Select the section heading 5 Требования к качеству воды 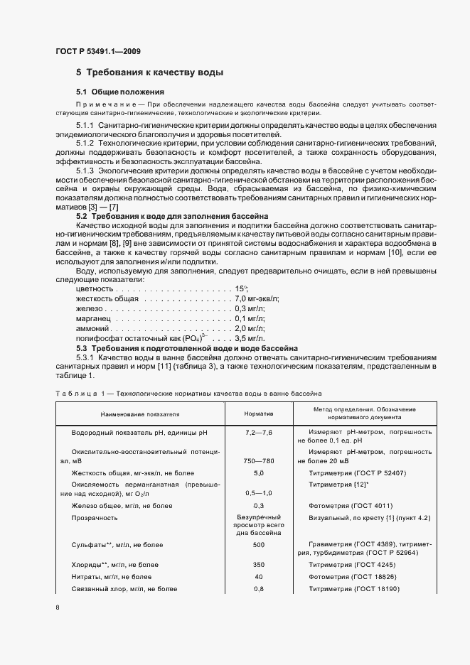[x=150, y=72]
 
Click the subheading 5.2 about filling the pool [x=171, y=215]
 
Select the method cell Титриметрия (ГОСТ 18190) [x=354, y=589]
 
